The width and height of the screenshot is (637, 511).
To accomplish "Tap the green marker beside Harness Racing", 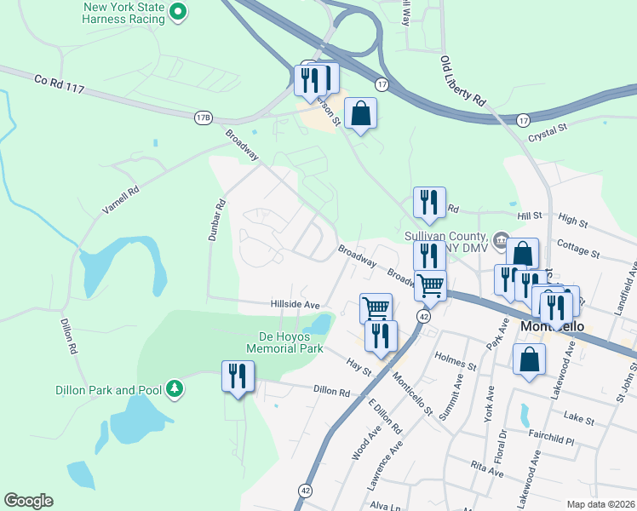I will [x=178, y=12].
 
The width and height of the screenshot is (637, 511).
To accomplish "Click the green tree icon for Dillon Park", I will [x=175, y=389].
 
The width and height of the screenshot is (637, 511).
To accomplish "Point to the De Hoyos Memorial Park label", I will [x=285, y=342].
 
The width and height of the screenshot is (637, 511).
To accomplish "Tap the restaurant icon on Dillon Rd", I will [x=238, y=376].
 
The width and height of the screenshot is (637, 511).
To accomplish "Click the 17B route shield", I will [x=203, y=118].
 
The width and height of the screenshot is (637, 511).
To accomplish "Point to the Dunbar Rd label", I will [x=216, y=220].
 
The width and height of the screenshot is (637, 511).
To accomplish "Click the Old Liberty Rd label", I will [x=463, y=82].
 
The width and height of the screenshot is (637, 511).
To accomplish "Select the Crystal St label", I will [x=548, y=129].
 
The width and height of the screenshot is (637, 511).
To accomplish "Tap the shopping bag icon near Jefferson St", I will [x=360, y=113].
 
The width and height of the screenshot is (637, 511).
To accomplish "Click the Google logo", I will [x=28, y=501].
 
